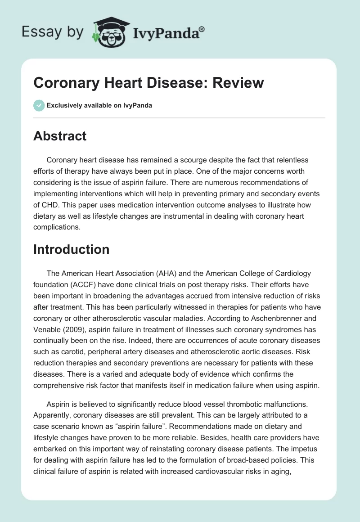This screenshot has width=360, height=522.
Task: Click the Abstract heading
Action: tap(60, 136)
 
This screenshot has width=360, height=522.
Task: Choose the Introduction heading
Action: tap(71, 249)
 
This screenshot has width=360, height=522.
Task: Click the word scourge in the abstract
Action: tap(176, 160)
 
